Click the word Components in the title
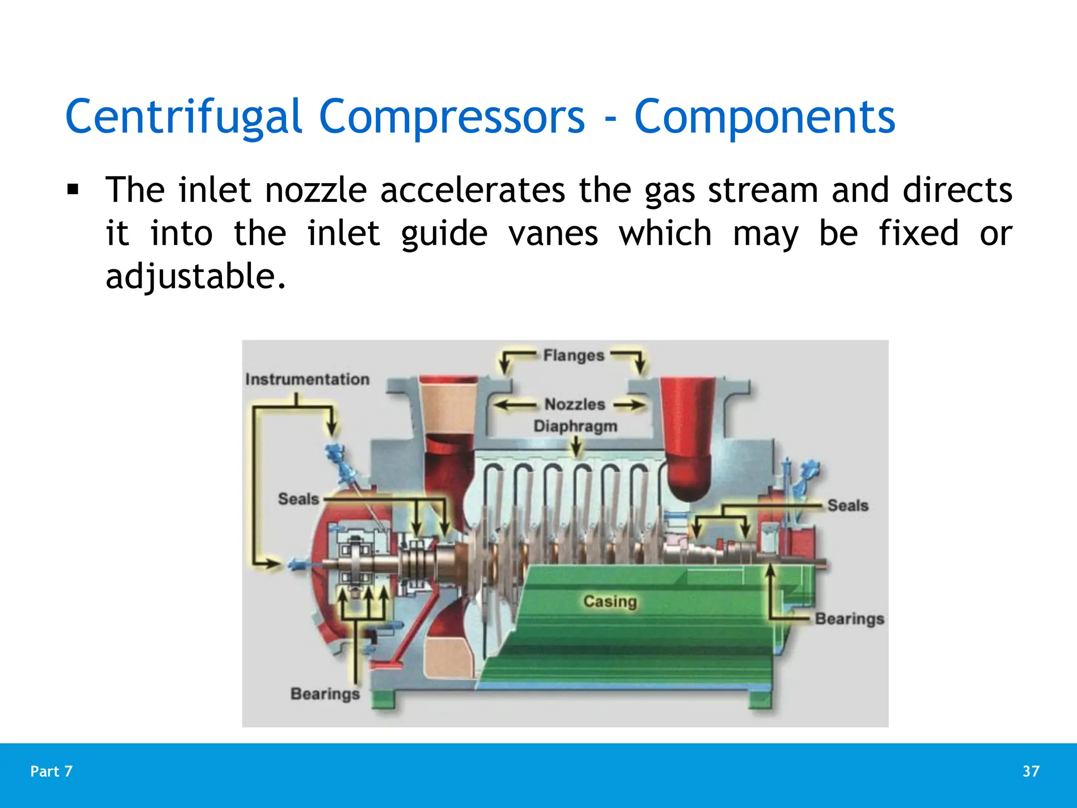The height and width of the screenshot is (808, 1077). tap(764, 117)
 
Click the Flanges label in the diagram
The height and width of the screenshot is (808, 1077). tap(573, 356)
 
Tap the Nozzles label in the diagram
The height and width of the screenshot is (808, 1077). tap(574, 404)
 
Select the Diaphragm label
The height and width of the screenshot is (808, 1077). tap(575, 426)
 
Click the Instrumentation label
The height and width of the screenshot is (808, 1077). tap(307, 379)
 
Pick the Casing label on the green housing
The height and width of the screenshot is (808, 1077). tap(610, 601)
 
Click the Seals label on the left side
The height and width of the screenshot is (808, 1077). tap(298, 499)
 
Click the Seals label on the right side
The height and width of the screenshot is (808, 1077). tap(848, 505)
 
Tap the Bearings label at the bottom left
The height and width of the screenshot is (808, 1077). tap(325, 693)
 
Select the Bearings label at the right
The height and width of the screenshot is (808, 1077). tap(849, 619)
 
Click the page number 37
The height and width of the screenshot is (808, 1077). tap(1031, 771)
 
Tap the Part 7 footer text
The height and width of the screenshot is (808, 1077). tap(52, 771)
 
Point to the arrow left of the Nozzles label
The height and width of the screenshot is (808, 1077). tap(514, 405)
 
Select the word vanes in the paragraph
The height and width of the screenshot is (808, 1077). tap(553, 233)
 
